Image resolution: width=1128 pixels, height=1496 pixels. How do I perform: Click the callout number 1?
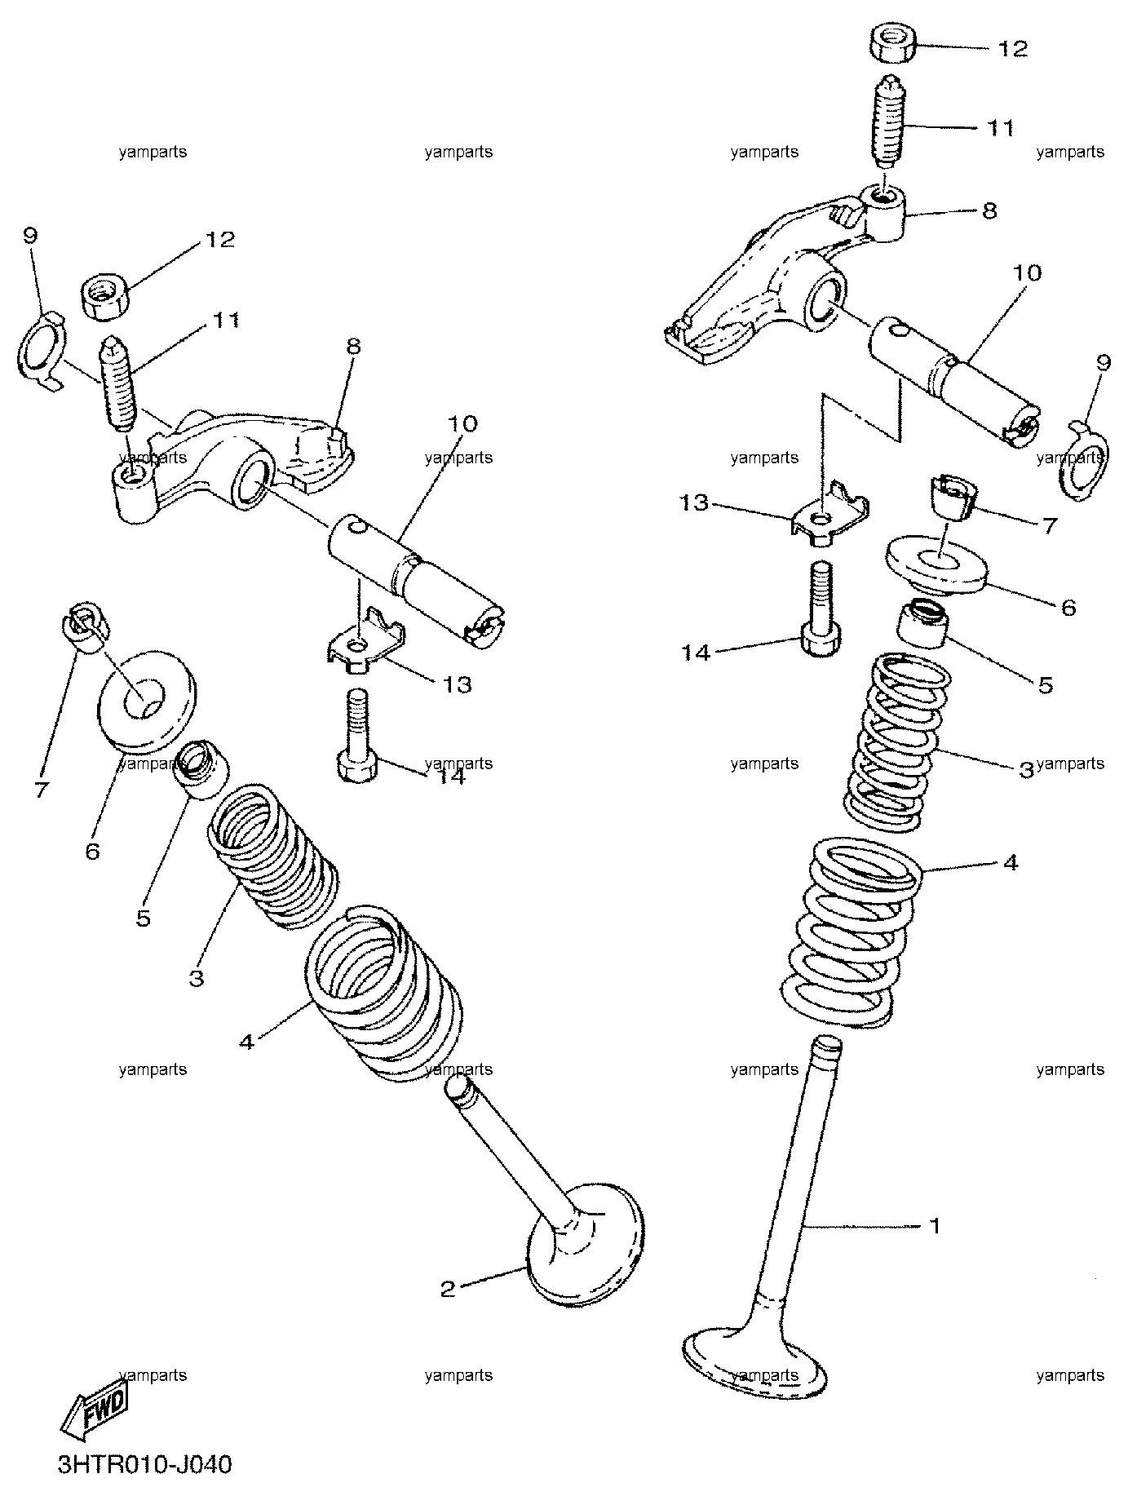pyautogui.click(x=936, y=1226)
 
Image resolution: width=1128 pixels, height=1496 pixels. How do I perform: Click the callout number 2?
pyautogui.click(x=447, y=1289)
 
